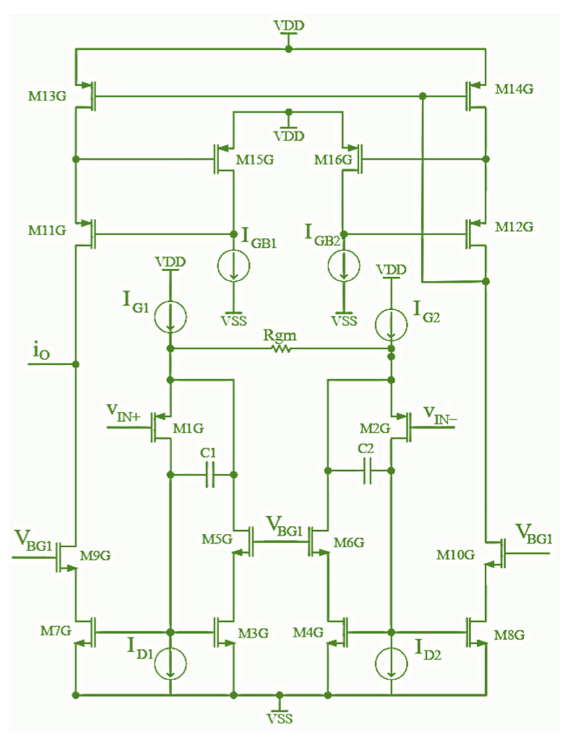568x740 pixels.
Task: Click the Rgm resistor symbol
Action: [281, 348]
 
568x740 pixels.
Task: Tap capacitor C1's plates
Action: [210, 475]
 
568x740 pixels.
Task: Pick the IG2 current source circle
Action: [391, 324]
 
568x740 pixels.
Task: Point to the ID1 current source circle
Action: [170, 663]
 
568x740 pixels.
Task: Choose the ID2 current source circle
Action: [391, 663]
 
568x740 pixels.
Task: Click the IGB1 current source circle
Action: [233, 265]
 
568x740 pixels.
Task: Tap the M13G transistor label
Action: [47, 96]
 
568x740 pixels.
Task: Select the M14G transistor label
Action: [514, 89]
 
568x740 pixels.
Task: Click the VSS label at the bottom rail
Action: [279, 719]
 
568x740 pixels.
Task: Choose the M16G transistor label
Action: [333, 160]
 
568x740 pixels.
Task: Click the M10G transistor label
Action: [455, 554]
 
